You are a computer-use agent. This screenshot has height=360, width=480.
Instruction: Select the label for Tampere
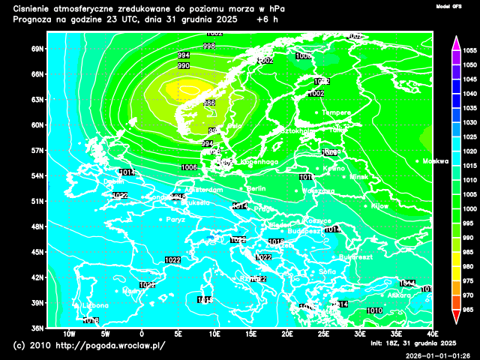coord(336,112)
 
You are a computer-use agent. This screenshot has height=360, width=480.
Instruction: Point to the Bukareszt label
coord(355,256)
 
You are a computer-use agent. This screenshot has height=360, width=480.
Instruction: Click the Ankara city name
coord(399,295)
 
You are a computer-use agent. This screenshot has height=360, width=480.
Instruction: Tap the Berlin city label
coord(255,188)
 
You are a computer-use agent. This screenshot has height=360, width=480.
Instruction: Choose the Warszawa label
coord(318,190)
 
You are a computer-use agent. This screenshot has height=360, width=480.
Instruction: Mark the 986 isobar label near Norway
coord(209,103)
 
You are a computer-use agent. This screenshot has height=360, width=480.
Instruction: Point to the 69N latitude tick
coord(37,49)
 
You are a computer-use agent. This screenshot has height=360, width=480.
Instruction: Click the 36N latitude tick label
coord(37,328)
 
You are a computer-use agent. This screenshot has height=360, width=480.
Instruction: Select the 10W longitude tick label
coord(69,334)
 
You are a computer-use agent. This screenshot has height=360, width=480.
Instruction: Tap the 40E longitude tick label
coord(433,334)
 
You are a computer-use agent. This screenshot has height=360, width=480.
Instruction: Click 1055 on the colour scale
coord(470,50)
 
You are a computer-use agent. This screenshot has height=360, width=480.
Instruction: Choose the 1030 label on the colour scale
coord(470,122)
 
